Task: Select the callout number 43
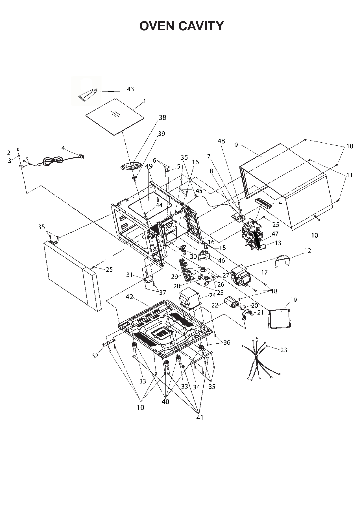click(130, 89)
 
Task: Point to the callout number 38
click(162, 117)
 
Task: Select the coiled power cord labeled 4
click(52, 162)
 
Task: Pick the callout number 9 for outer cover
click(236, 145)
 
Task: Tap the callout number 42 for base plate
click(129, 297)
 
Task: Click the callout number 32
click(95, 356)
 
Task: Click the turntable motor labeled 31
click(148, 279)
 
